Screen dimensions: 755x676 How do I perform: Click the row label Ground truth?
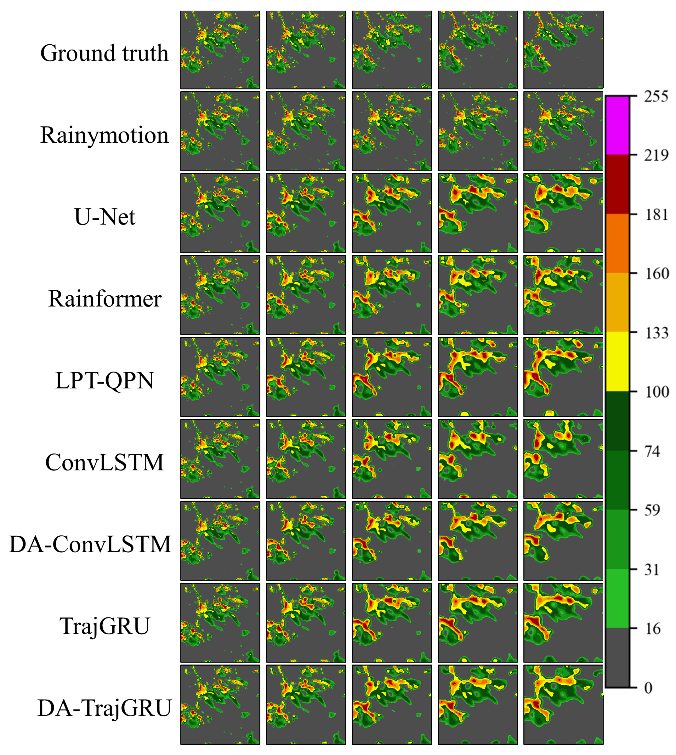(x=104, y=53)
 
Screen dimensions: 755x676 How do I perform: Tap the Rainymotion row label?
(x=104, y=135)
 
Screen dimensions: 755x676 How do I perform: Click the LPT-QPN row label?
(x=104, y=381)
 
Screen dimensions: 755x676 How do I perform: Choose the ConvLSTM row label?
(x=104, y=463)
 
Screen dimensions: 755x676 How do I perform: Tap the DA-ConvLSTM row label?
(x=90, y=545)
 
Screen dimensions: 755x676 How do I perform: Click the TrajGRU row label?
(x=104, y=626)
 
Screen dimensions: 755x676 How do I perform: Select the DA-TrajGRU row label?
(x=104, y=708)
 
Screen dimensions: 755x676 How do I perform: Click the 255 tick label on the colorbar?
(x=656, y=96)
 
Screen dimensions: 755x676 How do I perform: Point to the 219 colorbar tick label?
(x=656, y=155)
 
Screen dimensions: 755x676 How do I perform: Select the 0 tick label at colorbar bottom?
(x=648, y=688)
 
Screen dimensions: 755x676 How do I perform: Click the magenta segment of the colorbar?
(x=617, y=126)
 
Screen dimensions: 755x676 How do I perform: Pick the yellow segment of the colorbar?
(x=617, y=362)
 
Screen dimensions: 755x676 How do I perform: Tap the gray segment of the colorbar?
(x=617, y=658)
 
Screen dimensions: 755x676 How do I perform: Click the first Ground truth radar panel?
(x=220, y=49)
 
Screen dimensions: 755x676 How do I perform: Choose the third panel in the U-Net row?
(x=392, y=213)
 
